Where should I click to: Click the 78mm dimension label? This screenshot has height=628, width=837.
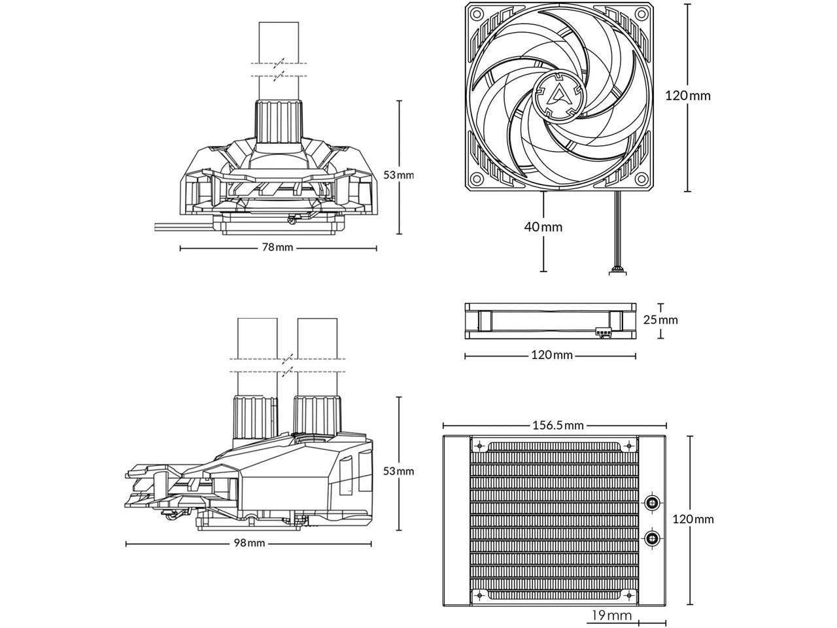[278, 247]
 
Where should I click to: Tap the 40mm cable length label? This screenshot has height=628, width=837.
[543, 227]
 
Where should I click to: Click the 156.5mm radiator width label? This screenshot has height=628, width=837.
[558, 425]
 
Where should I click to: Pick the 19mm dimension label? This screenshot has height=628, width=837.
[612, 615]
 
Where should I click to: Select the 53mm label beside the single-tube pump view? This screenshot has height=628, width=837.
[398, 175]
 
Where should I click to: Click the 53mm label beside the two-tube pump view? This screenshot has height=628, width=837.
[398, 470]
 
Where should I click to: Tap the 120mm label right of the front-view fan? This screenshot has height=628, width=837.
[687, 96]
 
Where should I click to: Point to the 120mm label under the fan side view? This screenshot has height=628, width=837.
[552, 355]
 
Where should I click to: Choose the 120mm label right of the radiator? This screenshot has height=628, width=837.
[694, 519]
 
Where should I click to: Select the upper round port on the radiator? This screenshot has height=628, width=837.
[652, 502]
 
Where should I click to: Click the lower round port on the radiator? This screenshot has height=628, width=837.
[652, 538]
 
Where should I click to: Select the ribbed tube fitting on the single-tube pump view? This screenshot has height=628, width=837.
[279, 122]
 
